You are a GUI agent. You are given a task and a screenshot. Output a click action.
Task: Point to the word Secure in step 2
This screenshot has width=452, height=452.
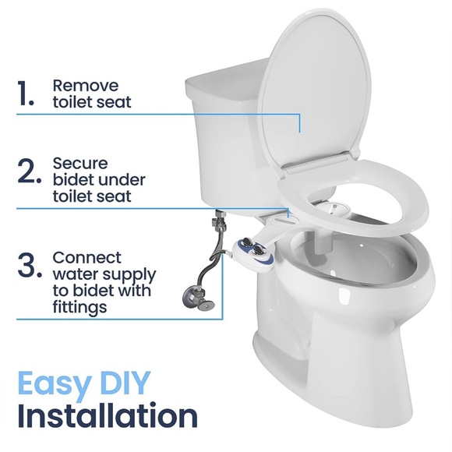click(79, 164)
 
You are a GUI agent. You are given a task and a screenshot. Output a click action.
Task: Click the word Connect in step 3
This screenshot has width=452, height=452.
click(87, 257)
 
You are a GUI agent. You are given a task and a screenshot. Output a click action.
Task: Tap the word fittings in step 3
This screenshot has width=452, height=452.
click(79, 308)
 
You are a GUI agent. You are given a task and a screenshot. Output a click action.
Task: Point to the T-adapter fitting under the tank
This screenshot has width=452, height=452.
click(220, 223)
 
